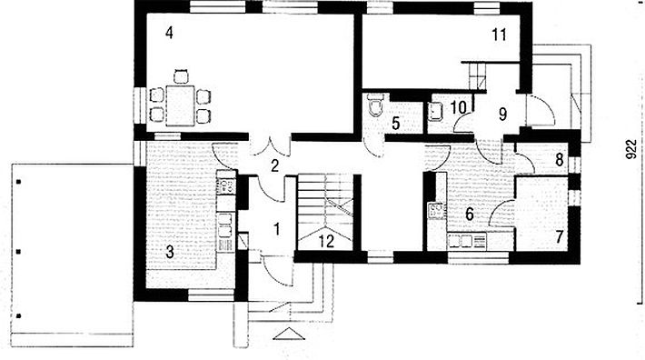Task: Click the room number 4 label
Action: pyautogui.click(x=169, y=33)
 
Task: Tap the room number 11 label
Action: pyautogui.click(x=499, y=35)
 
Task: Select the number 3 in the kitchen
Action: pyautogui.click(x=170, y=252)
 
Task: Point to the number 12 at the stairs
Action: pyautogui.click(x=326, y=242)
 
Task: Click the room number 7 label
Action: pyautogui.click(x=559, y=237)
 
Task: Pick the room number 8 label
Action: pyautogui.click(x=559, y=160)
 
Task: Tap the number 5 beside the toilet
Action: pyautogui.click(x=396, y=123)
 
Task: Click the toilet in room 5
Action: pyautogui.click(x=376, y=105)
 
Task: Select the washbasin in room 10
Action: pyautogui.click(x=435, y=111)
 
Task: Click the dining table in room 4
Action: pyautogui.click(x=180, y=105)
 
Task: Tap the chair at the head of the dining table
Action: pyautogui.click(x=181, y=76)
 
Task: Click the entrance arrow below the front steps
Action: pyautogui.click(x=289, y=334)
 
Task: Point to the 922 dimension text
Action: pyautogui.click(x=632, y=149)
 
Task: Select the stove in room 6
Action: pyautogui.click(x=436, y=210)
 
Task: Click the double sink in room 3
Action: pyautogui.click(x=225, y=225)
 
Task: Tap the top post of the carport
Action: pyautogui.click(x=18, y=182)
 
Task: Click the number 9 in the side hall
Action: pyautogui.click(x=502, y=115)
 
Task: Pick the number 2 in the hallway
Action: pyautogui.click(x=274, y=165)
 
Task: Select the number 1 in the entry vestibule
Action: pyautogui.click(x=277, y=229)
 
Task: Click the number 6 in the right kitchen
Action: pyautogui.click(x=470, y=214)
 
